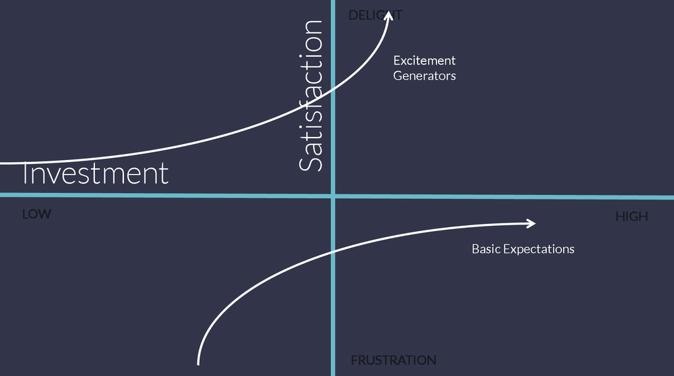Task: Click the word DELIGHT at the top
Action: [x=375, y=14]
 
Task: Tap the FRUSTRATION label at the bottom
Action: [x=393, y=360]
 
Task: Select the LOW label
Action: [x=36, y=214]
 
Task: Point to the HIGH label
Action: [x=631, y=216]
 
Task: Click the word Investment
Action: [x=96, y=174]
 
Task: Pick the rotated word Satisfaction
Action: [x=311, y=95]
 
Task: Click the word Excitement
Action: [x=424, y=61]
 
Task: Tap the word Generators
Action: [x=424, y=76]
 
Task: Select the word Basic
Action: [x=485, y=249]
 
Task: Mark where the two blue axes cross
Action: [x=333, y=196]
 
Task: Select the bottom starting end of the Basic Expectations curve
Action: [x=198, y=362]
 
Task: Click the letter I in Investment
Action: [x=25, y=174]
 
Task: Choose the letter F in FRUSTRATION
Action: [x=354, y=360]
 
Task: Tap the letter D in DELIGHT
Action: [x=353, y=14]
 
